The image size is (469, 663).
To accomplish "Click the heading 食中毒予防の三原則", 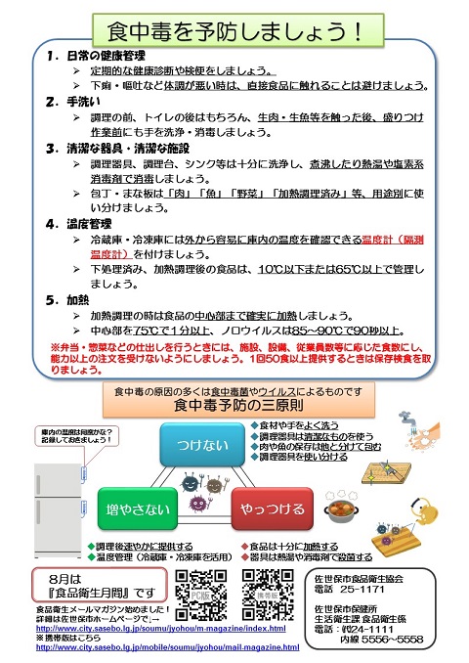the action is [234, 403].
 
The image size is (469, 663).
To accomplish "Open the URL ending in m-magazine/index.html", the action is [157, 630].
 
